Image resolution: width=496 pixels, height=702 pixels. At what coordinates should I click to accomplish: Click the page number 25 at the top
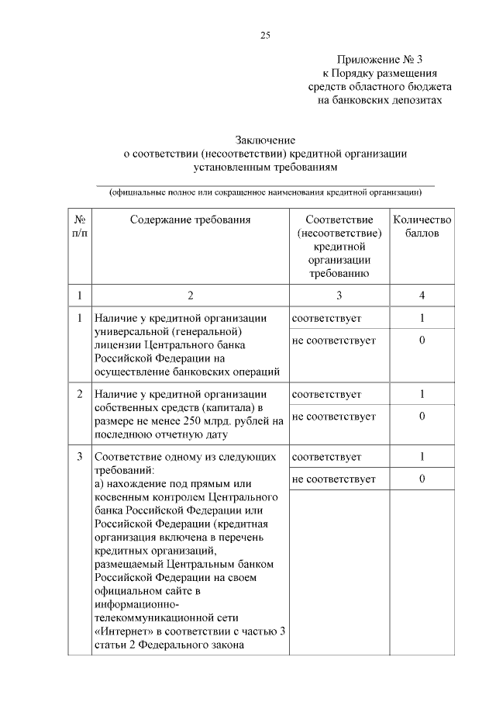[x=264, y=36]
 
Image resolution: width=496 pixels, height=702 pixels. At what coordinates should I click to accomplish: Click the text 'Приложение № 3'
[x=381, y=60]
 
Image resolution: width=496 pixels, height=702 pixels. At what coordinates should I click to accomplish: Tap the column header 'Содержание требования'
[x=190, y=220]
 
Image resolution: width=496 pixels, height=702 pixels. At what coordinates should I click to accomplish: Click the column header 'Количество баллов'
[x=422, y=226]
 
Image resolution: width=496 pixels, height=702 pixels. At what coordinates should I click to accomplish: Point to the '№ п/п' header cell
[x=79, y=226]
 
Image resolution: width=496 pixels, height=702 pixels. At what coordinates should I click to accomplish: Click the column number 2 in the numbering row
[x=190, y=296]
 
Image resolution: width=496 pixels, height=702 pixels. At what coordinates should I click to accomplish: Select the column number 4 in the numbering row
[x=422, y=296]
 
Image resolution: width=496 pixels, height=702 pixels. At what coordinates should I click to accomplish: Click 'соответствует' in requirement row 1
[x=326, y=318]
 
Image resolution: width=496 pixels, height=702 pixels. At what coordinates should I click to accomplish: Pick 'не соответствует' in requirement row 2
[x=333, y=417]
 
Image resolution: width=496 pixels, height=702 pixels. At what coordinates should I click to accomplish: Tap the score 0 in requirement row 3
[x=422, y=479]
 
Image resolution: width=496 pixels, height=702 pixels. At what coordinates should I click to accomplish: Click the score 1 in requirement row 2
[x=422, y=394]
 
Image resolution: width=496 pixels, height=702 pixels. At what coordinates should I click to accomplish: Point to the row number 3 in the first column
[x=79, y=456]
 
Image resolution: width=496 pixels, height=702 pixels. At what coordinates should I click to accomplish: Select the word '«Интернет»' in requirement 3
[x=121, y=630]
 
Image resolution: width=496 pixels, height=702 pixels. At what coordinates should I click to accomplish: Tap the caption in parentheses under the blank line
[x=266, y=192]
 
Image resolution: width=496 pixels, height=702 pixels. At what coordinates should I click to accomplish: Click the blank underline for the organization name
[x=266, y=185]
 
